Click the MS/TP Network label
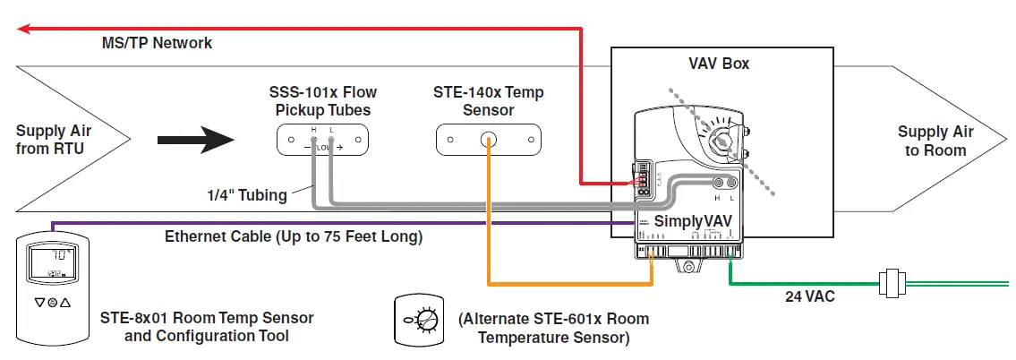(x=157, y=43)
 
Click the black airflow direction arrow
(x=196, y=140)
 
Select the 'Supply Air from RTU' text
(x=54, y=140)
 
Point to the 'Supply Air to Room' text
(x=935, y=141)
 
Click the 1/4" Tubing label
(x=246, y=195)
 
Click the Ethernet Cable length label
(x=293, y=237)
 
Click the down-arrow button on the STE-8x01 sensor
(x=38, y=303)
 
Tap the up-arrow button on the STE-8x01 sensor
(x=65, y=303)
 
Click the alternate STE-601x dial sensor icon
(x=418, y=319)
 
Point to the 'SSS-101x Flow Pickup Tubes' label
(x=322, y=101)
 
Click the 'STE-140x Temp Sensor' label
(x=488, y=101)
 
